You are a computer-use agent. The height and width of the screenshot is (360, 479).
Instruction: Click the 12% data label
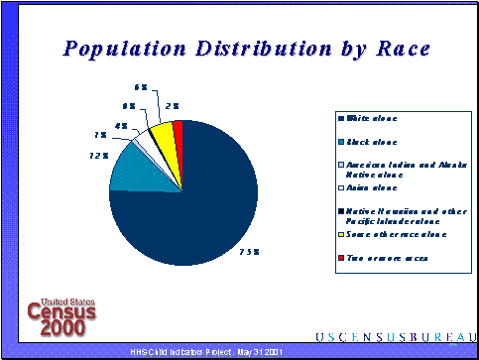click(x=98, y=156)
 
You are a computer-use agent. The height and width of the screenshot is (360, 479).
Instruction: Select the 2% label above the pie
click(x=173, y=105)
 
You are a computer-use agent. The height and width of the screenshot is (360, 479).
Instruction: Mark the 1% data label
click(x=101, y=135)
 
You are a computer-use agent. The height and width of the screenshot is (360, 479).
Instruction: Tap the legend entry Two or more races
click(x=387, y=257)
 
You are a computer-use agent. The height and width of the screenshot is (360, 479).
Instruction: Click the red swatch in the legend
click(x=342, y=257)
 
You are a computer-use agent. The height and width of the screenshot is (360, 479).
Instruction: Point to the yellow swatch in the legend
click(x=342, y=234)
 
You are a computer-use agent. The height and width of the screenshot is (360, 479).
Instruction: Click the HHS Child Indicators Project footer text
click(x=207, y=352)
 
